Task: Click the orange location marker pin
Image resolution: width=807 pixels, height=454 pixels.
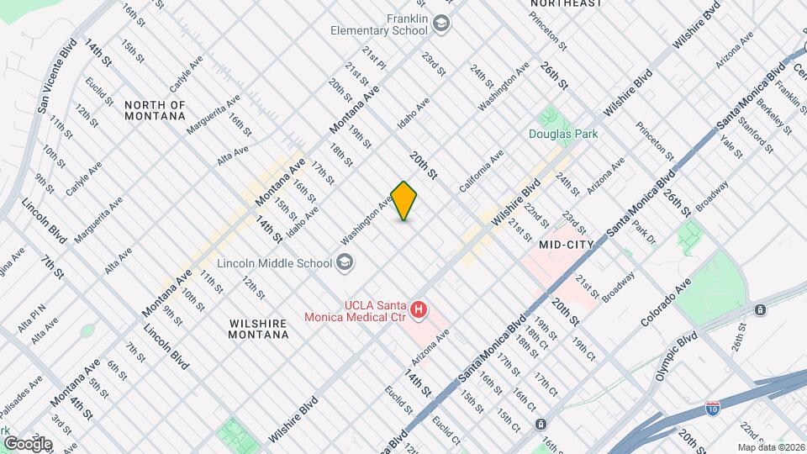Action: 404,201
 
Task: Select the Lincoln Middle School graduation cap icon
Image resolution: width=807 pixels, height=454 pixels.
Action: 344,263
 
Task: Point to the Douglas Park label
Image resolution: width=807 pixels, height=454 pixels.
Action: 562,133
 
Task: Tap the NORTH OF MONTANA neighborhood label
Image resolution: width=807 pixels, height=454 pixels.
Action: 155,110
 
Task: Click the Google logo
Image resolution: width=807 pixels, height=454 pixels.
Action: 27,443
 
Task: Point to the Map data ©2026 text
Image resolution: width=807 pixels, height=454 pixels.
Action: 772,447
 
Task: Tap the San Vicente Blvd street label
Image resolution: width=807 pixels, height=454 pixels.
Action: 56,77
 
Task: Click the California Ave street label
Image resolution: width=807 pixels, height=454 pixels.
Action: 481,169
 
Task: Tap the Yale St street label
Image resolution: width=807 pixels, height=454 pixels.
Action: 731,145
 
